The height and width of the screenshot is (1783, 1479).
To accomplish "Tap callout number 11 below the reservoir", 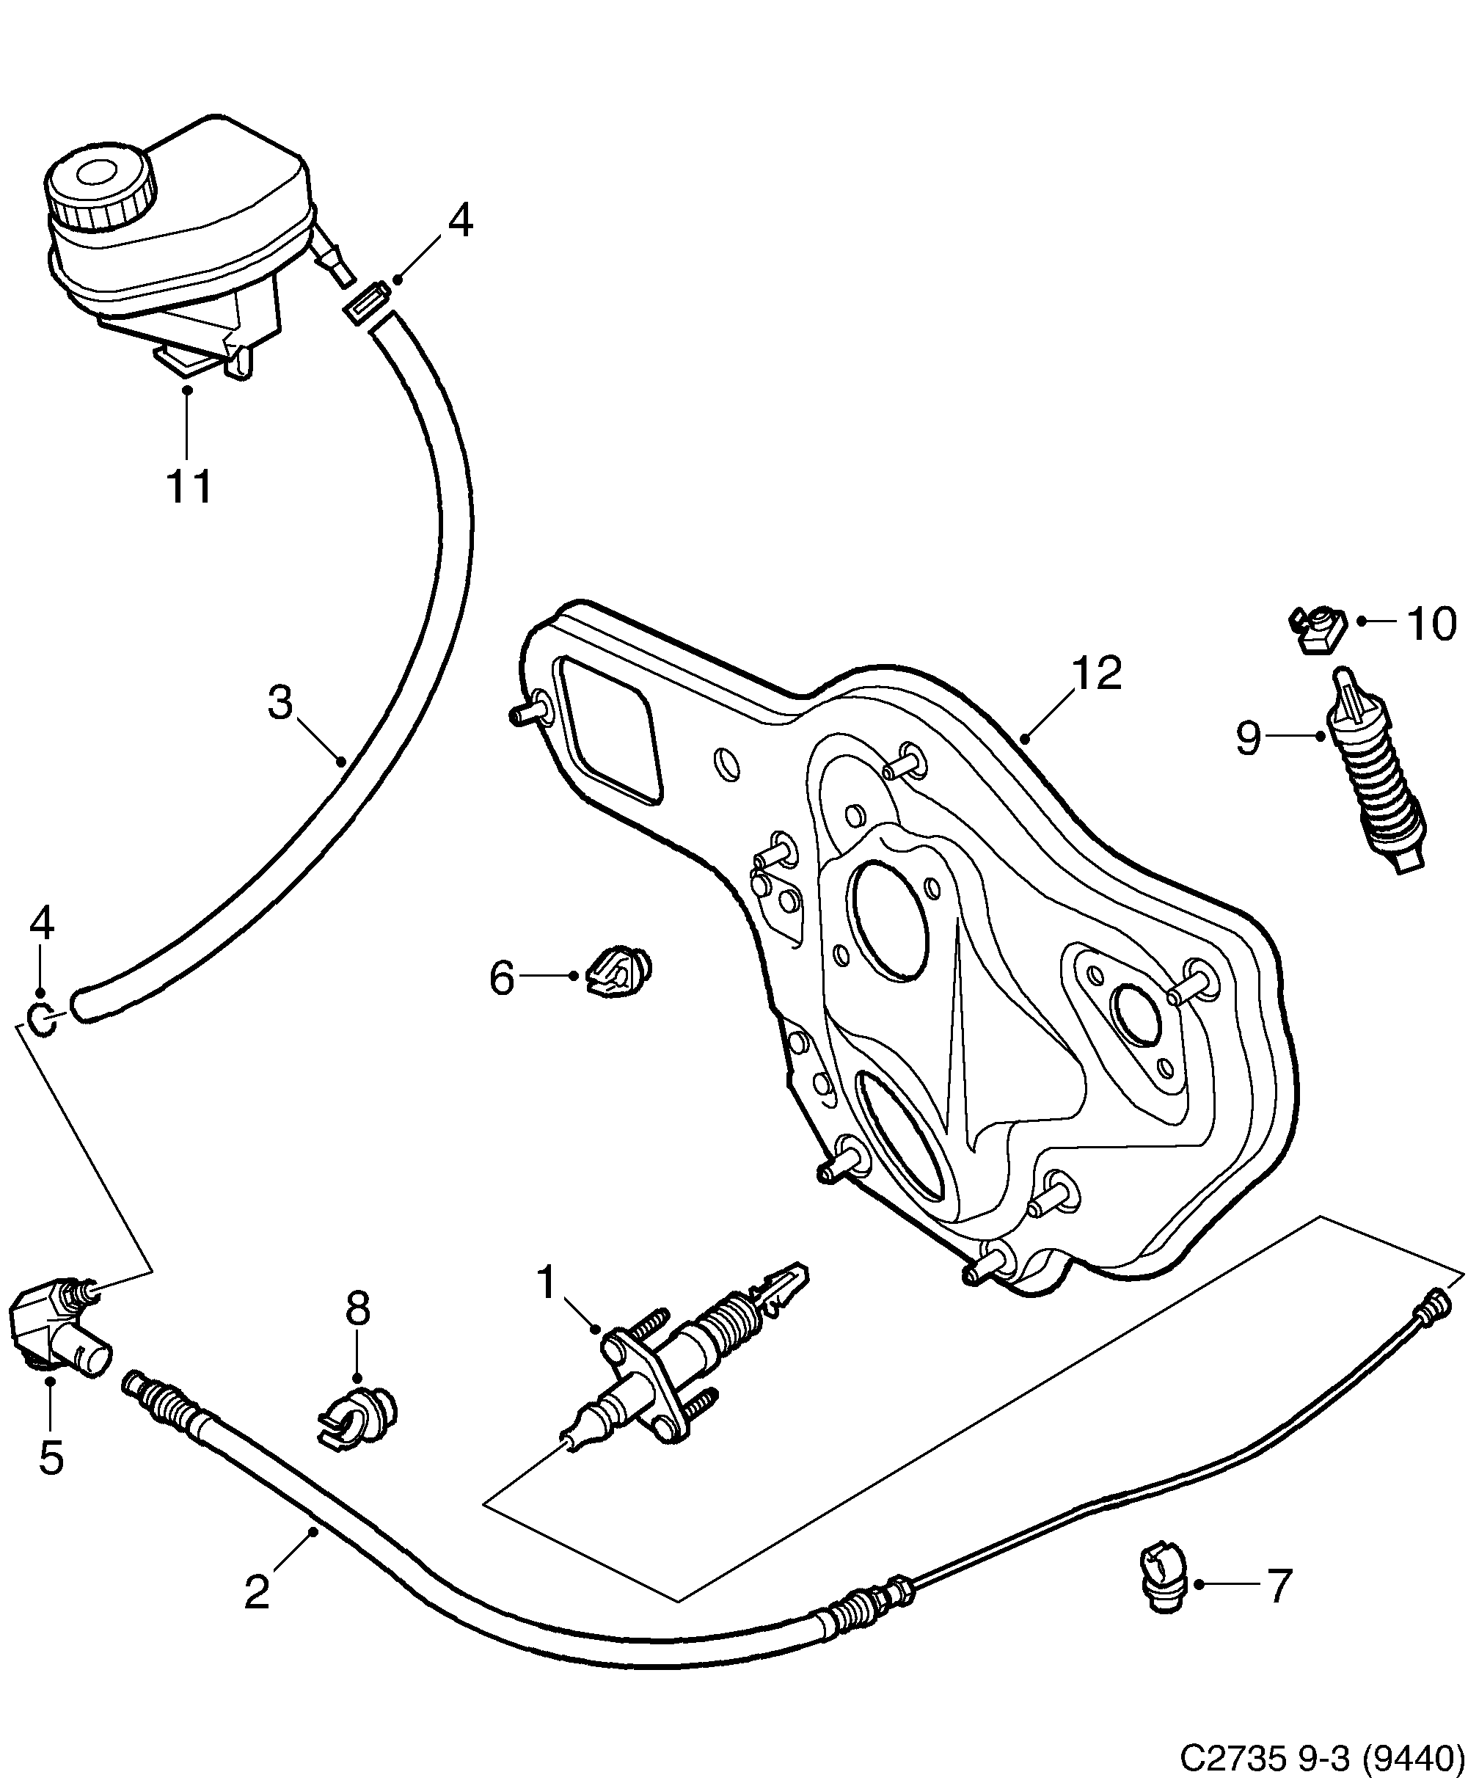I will (189, 486).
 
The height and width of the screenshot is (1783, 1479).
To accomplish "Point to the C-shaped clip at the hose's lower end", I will (42, 1019).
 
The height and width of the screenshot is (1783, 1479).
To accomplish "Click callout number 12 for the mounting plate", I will (1097, 674).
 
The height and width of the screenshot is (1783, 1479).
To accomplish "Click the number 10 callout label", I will (1431, 624).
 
